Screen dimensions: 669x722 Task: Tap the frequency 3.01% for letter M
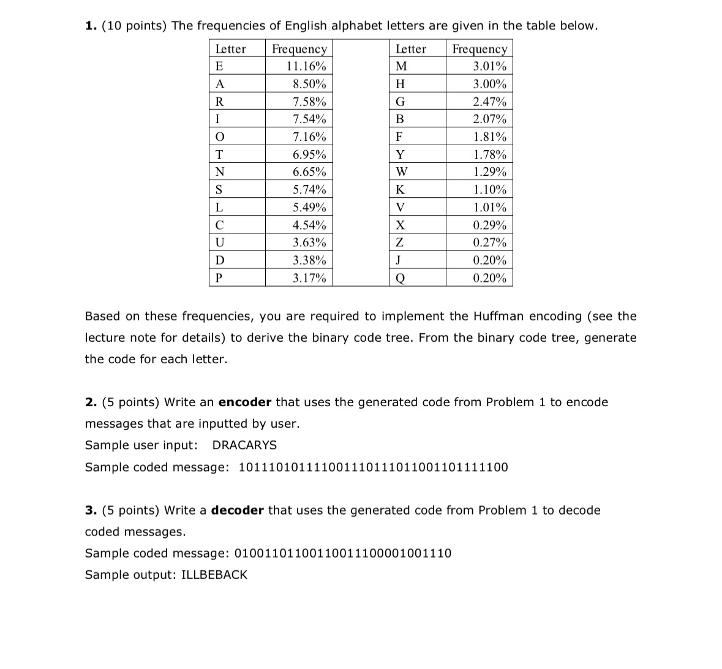click(x=489, y=66)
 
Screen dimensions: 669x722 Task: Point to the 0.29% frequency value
click(x=489, y=225)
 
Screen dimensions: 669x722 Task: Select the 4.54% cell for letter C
click(x=309, y=225)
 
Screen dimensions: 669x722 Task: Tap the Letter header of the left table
click(x=230, y=49)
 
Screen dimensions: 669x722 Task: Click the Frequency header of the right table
click(x=479, y=49)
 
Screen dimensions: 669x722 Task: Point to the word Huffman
click(x=499, y=316)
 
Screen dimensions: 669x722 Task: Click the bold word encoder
click(x=244, y=402)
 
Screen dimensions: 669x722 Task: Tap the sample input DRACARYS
click(x=244, y=445)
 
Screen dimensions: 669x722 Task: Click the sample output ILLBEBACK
click(x=214, y=575)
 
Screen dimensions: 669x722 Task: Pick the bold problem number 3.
click(x=91, y=510)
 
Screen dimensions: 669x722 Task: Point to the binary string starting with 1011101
click(x=372, y=467)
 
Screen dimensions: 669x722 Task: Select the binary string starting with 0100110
click(x=343, y=553)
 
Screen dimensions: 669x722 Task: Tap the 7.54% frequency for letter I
click(x=309, y=119)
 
